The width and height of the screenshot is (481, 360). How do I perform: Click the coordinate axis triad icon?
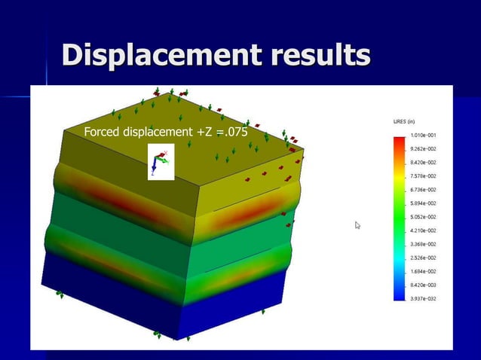161,161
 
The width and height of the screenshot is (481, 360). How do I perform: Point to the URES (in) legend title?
404,121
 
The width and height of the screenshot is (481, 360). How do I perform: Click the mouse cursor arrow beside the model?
358,224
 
